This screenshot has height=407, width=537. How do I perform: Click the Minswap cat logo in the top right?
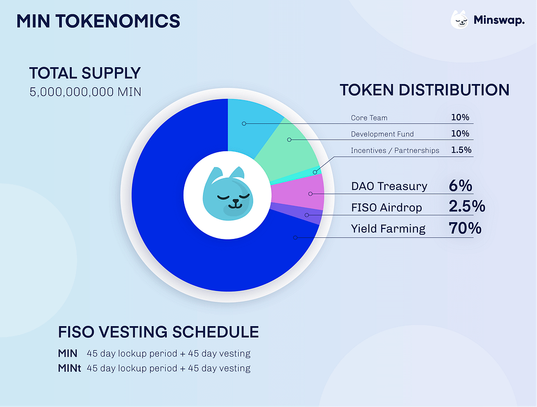(459, 20)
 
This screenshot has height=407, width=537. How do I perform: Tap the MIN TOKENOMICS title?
(98, 21)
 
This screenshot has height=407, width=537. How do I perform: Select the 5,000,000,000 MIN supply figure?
(85, 92)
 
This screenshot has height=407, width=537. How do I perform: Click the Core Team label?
(369, 118)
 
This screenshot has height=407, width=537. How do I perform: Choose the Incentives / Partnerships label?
(395, 150)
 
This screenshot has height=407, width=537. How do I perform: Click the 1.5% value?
(461, 150)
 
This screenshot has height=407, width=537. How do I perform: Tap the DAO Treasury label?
(389, 186)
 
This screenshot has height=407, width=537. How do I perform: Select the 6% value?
(460, 185)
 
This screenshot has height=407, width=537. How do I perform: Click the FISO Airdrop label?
(386, 207)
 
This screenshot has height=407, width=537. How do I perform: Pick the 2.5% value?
(467, 207)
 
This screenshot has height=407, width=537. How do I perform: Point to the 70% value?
(465, 228)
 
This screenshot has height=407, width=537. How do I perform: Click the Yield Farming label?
(388, 228)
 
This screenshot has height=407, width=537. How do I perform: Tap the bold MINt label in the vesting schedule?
(69, 368)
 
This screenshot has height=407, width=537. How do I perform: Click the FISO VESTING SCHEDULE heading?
(158, 332)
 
